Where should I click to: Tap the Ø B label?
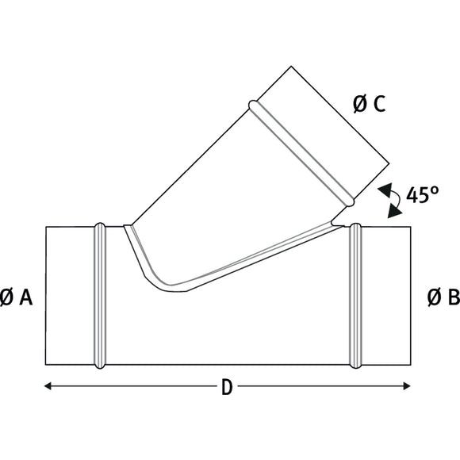click(443, 297)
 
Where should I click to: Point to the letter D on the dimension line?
click(227, 387)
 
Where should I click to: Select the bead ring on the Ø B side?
click(355, 297)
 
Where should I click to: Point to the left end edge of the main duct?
click(45, 297)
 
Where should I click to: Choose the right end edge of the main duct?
click(412, 297)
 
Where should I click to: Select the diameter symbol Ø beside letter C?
click(358, 104)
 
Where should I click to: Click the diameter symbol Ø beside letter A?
click(7, 297)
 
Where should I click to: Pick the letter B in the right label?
click(453, 297)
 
